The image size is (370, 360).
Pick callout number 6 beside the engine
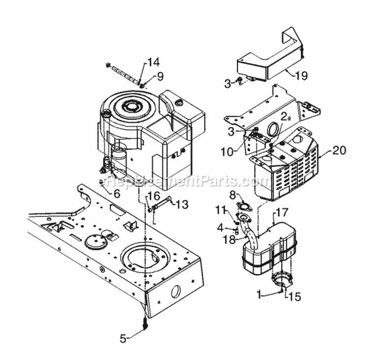[x=116, y=194]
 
